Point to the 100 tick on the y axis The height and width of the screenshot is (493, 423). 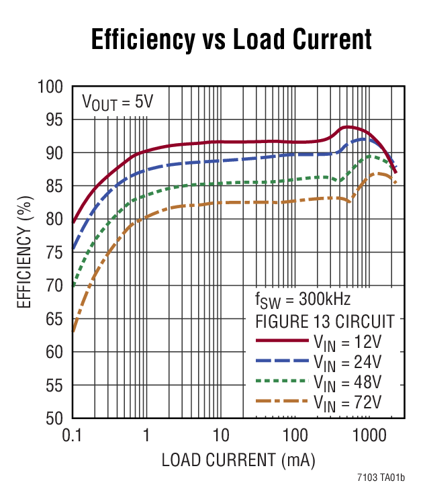pyautogui.click(x=54, y=87)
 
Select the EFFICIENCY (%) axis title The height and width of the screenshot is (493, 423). pyautogui.click(x=24, y=253)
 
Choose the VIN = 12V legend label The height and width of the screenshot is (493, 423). pyautogui.click(x=347, y=342)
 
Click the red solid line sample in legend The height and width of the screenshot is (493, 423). pyautogui.click(x=281, y=341)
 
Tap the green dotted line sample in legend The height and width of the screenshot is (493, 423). pyautogui.click(x=281, y=381)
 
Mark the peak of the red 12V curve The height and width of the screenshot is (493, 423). pyautogui.click(x=347, y=126)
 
